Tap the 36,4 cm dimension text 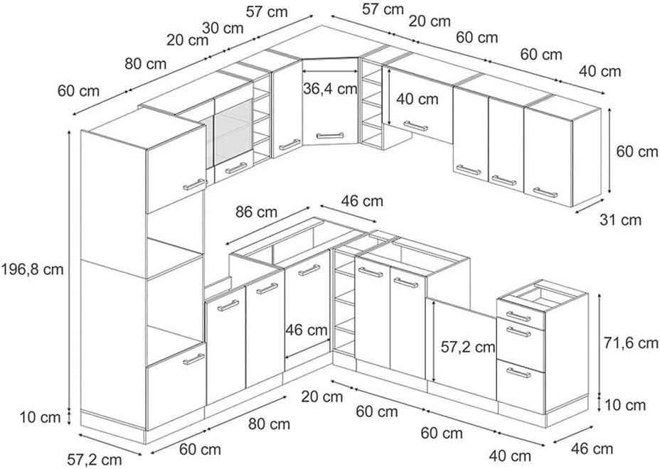tap(330, 90)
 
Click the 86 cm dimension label tap(257, 212)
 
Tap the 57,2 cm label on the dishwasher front tap(467, 347)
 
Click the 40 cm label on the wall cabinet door tap(417, 99)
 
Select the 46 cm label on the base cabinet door tap(307, 330)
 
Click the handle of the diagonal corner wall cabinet tap(330, 134)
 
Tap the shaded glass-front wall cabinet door tap(233, 131)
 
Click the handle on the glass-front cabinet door tap(235, 168)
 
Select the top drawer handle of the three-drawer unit tap(518, 316)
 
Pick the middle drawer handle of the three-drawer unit tap(518, 331)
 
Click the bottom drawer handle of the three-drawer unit tap(518, 372)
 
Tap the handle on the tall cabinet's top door tap(194, 184)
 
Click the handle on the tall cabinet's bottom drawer tap(193, 359)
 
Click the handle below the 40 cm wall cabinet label tap(415, 126)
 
